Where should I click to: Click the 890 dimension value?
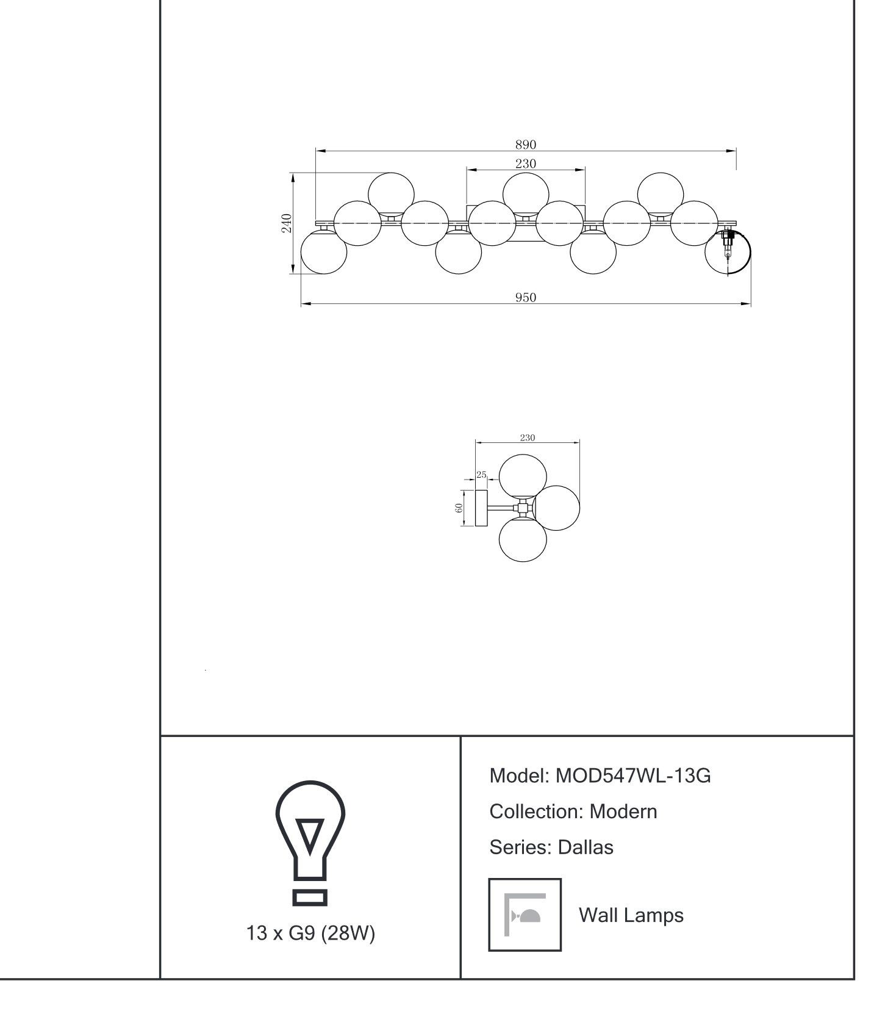[525, 145]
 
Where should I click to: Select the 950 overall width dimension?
[525, 298]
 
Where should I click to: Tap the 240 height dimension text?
[286, 223]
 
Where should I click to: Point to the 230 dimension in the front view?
[525, 164]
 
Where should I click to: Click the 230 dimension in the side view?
[527, 437]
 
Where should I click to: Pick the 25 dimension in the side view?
[481, 474]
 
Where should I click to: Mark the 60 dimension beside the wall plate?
[459, 508]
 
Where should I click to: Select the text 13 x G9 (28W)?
[310, 933]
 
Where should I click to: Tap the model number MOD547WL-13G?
[633, 776]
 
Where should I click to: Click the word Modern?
[623, 812]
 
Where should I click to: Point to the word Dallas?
[585, 847]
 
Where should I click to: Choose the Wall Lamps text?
[631, 915]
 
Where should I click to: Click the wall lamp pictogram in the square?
[525, 915]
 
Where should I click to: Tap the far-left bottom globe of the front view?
[324, 251]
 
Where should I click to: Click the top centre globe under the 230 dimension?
[526, 194]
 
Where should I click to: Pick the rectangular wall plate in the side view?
[482, 508]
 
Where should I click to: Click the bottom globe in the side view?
[523, 539]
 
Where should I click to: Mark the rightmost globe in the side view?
[557, 508]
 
